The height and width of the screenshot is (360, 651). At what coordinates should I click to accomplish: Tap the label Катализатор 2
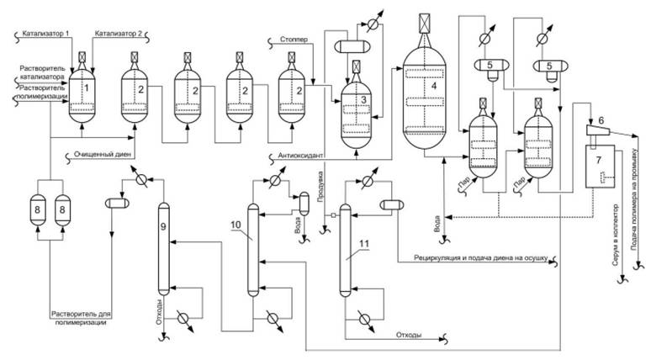(121, 31)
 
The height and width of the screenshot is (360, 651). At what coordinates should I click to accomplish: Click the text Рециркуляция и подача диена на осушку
(479, 256)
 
